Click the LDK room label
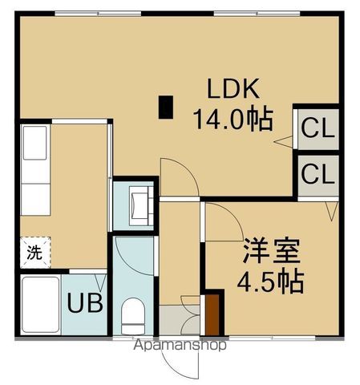point(233,89)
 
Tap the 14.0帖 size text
point(232,120)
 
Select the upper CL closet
point(318,128)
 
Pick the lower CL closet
point(318,173)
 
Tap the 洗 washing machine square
point(34,253)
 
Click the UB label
point(82,304)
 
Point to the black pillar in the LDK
point(166,107)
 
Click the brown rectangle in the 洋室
point(212,314)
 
